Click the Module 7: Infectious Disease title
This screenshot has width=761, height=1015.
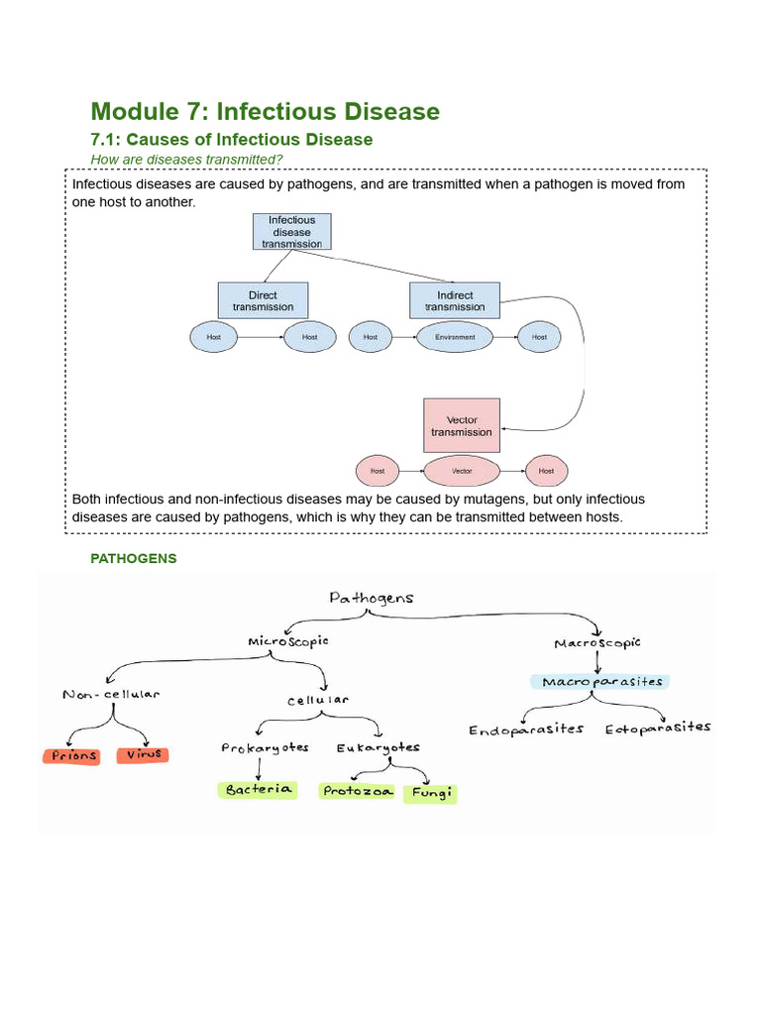click(x=265, y=111)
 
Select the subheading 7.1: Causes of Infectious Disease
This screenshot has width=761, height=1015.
click(x=231, y=139)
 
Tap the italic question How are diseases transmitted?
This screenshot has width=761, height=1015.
click(x=186, y=159)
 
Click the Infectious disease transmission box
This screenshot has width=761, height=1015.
click(x=292, y=232)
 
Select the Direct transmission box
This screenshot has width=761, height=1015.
click(x=263, y=300)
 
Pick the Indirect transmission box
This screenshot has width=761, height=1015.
click(x=455, y=300)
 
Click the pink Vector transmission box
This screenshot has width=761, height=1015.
click(x=462, y=426)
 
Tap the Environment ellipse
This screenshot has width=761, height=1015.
click(x=455, y=337)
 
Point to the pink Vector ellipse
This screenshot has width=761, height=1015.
click(x=462, y=471)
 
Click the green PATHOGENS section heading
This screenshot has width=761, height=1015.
click(x=134, y=558)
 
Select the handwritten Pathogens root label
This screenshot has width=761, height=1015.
click(x=372, y=598)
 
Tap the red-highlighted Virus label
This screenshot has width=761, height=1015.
click(x=144, y=754)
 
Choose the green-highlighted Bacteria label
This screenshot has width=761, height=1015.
click(x=258, y=789)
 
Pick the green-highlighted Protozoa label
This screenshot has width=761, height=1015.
click(x=358, y=791)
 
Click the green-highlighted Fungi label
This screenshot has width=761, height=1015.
click(x=431, y=794)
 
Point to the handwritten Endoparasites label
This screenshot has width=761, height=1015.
click(x=526, y=730)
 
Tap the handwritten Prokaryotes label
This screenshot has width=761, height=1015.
click(x=265, y=747)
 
